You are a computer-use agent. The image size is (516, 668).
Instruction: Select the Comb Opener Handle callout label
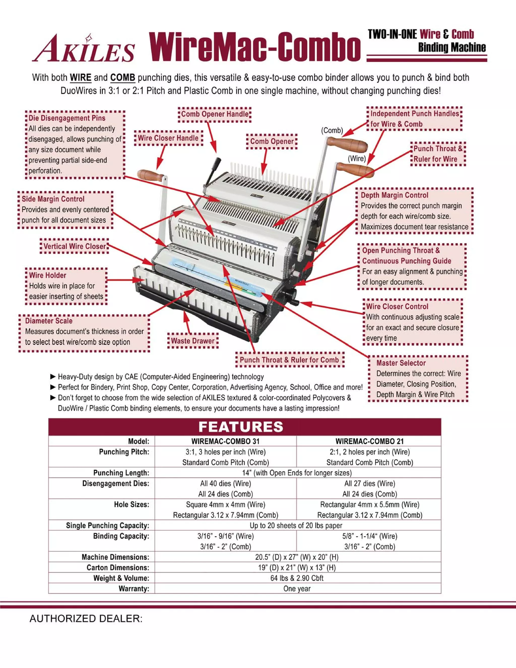215,114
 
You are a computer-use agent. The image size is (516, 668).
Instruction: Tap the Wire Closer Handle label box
168,138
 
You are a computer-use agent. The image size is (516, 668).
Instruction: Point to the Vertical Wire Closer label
74,246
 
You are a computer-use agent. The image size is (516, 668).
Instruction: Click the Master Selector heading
401,363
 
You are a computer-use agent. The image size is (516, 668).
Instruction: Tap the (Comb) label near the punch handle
332,130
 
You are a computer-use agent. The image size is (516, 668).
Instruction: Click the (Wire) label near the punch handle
357,159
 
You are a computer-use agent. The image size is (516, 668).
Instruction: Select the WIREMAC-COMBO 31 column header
225,441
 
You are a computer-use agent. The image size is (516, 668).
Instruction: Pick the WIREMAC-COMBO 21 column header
369,441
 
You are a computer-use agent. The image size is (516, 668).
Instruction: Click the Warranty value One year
297,589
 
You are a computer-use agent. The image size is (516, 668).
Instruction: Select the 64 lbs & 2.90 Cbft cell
297,578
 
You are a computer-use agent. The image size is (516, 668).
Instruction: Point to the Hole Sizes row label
132,504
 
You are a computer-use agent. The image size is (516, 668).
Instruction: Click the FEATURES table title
241,427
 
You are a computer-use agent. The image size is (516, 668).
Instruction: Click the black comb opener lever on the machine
214,171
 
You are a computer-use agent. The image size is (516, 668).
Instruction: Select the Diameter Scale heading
49,321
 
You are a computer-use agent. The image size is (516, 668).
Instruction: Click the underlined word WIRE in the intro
80,78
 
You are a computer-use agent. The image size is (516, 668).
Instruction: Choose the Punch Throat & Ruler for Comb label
289,360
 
